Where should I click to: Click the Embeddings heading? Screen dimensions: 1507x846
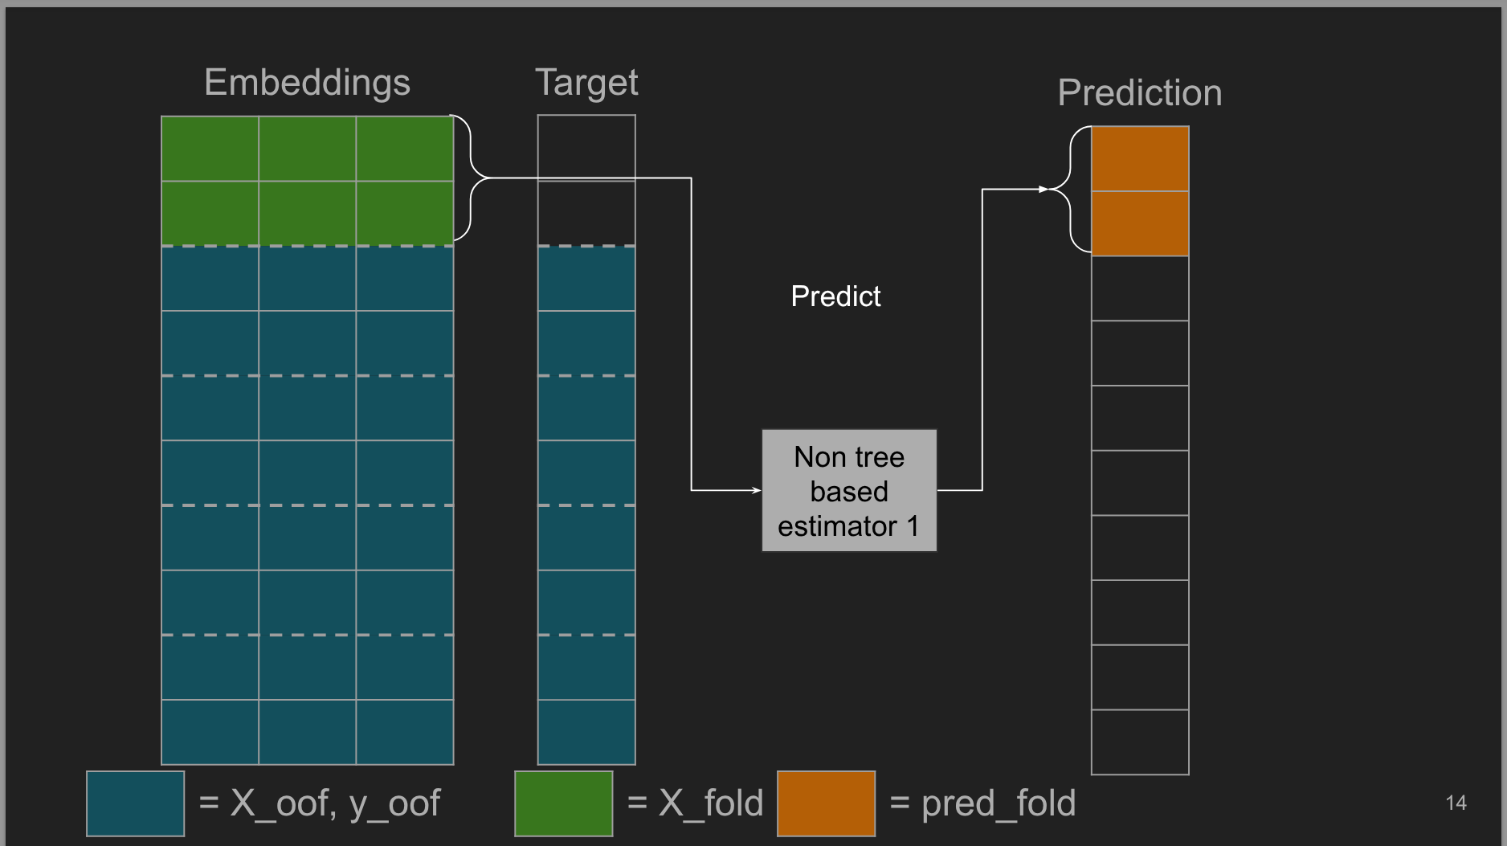pos(307,84)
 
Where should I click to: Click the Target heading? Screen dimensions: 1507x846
pos(586,84)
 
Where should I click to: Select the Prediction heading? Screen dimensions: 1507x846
pos(1140,93)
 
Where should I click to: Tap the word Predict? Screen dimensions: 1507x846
pos(835,296)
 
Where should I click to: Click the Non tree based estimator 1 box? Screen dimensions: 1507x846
pos(849,490)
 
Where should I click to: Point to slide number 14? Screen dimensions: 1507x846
pos(1456,803)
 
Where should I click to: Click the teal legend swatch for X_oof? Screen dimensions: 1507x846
pos(136,803)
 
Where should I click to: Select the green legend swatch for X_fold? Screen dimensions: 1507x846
pos(564,803)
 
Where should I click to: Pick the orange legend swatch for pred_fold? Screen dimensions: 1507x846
pos(827,803)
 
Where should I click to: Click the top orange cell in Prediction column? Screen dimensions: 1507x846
pos(1140,159)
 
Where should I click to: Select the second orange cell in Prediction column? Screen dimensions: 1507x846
pos(1140,223)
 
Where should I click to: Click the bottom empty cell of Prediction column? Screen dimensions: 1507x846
pos(1140,742)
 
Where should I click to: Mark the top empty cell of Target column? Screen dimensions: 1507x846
pos(586,148)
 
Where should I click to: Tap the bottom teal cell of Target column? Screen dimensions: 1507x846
pos(586,732)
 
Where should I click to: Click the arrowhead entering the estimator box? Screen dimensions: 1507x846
pos(756,490)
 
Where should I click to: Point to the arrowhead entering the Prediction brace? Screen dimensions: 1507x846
pos(1043,190)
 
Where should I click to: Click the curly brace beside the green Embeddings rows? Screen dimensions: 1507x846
pos(470,178)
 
